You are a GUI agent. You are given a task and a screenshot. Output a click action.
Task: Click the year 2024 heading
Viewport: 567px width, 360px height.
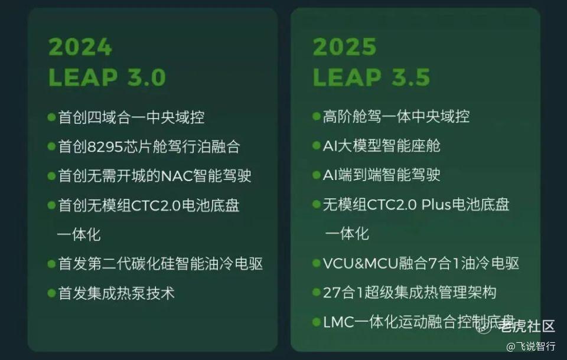[80, 47]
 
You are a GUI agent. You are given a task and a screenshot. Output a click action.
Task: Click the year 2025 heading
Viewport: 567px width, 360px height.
[344, 47]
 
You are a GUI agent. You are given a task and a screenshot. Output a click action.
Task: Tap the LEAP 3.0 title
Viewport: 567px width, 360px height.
[107, 77]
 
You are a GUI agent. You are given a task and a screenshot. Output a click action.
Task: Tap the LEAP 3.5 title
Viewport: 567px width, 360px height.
[372, 77]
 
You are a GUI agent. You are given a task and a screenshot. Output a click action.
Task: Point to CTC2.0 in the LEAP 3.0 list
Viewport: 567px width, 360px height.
[156, 205]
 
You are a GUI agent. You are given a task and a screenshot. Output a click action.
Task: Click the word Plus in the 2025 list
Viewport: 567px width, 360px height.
[436, 205]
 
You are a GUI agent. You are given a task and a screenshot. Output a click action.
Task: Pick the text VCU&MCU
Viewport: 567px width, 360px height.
[360, 263]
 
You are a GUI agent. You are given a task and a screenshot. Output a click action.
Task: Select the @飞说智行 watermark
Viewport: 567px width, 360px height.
[531, 346]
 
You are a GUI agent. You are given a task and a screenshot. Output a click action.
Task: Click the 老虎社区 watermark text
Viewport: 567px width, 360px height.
[527, 326]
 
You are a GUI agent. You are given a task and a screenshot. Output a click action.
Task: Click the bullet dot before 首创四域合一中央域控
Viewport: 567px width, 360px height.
[51, 117]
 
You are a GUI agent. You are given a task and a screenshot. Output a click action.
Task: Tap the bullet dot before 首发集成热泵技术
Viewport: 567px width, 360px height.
[51, 293]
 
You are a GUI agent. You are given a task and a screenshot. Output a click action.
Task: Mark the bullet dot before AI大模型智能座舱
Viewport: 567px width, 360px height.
[317, 146]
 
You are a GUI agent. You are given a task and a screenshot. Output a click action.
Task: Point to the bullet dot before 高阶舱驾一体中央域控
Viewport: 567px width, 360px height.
[317, 116]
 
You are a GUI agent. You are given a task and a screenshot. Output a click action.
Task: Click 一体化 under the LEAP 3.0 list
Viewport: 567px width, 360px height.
[79, 234]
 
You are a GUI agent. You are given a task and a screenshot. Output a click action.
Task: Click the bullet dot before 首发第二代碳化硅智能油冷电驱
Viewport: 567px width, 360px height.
[51, 263]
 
